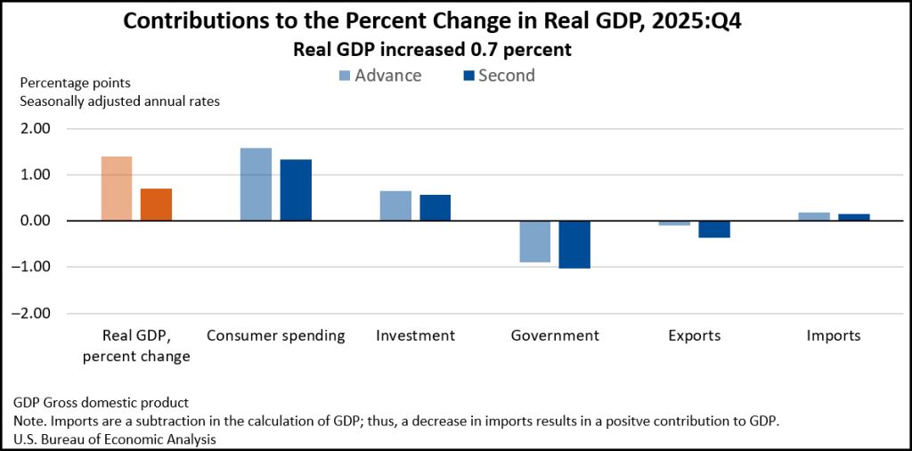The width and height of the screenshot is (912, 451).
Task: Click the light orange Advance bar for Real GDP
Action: pos(117,189)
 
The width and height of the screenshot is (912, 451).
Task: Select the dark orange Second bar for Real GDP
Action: pos(156,205)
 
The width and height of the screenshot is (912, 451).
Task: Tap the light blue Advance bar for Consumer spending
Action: pos(256,184)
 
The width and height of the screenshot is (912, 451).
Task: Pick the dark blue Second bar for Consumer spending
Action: pos(296,190)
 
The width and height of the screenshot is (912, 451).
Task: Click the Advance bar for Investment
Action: pos(395,205)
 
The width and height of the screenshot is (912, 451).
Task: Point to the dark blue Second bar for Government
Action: pos(574,245)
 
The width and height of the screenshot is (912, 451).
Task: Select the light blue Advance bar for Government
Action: pos(535,241)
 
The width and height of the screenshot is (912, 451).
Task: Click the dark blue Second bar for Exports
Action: pos(714,230)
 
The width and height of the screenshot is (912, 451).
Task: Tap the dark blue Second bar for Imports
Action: pos(854,217)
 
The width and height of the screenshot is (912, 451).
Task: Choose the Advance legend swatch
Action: pos(343,76)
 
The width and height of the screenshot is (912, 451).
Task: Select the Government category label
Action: pos(555,336)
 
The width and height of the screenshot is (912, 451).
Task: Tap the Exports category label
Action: pos(695,336)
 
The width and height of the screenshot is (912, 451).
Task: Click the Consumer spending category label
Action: pos(276,336)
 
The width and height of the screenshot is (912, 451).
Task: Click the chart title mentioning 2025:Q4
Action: pos(432,22)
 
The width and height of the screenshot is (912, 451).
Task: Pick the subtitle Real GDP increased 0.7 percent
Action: pos(432,50)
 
